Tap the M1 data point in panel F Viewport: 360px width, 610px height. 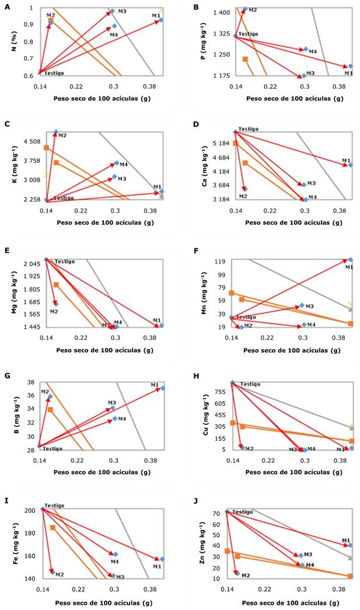point(351,260)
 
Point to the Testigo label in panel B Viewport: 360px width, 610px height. point(249,34)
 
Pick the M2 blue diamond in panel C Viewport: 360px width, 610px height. point(56,132)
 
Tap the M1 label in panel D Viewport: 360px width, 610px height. point(346,161)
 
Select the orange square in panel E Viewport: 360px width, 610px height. point(56,285)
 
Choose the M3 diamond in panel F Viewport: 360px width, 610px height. point(302,305)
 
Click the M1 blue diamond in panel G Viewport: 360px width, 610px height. point(163,388)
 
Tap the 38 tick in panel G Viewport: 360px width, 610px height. point(31,382)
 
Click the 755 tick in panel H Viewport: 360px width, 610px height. point(222,391)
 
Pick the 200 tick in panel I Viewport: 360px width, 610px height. point(29,510)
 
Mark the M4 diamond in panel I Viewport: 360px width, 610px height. point(116,554)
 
